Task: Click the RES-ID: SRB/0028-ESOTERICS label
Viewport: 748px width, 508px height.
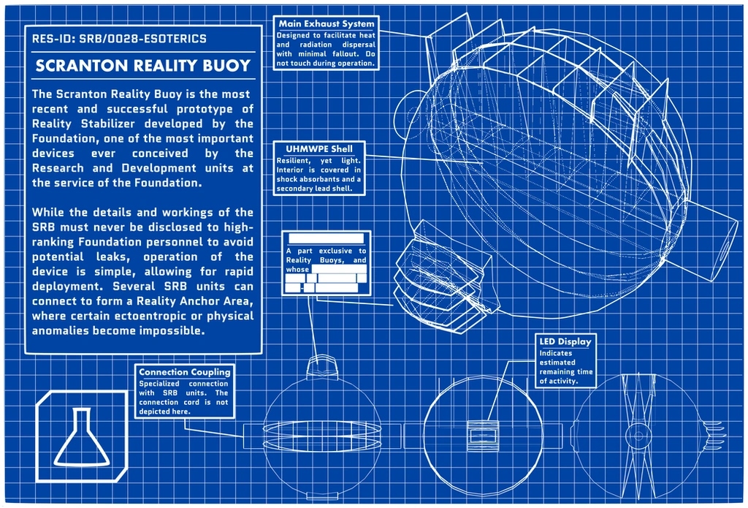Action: pyautogui.click(x=118, y=39)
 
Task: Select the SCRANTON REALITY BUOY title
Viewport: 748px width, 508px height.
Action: pyautogui.click(x=143, y=65)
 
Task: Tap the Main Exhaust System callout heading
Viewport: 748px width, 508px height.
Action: pyautogui.click(x=326, y=24)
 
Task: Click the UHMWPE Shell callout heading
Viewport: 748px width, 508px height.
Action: pyautogui.click(x=318, y=149)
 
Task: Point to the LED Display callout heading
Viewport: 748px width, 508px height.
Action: pyautogui.click(x=565, y=341)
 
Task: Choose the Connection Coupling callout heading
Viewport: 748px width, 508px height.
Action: pyautogui.click(x=184, y=372)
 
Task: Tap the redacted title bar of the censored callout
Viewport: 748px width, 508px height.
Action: pyautogui.click(x=326, y=238)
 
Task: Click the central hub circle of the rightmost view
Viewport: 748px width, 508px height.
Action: pyautogui.click(x=637, y=436)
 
